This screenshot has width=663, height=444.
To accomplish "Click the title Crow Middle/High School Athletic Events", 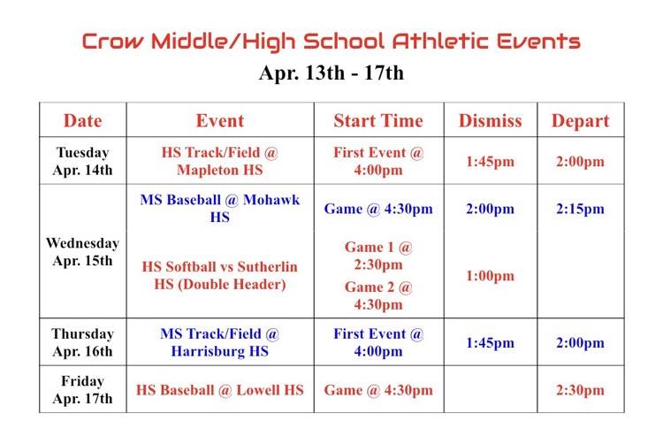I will tap(331, 41).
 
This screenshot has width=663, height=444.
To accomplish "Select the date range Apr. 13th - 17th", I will tap(331, 73).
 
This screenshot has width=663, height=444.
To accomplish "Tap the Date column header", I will tap(82, 120).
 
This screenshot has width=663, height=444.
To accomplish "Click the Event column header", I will tap(219, 120).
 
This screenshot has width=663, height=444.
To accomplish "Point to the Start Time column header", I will tap(378, 120).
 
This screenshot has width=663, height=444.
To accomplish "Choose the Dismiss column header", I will tap(490, 120).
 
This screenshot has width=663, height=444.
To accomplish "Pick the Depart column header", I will tap(580, 120).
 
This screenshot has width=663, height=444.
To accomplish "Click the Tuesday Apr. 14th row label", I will tap(82, 161).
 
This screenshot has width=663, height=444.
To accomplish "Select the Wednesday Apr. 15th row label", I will tap(82, 251).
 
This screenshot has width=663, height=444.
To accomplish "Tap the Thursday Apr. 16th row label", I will tap(82, 342).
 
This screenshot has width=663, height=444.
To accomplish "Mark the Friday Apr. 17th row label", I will tap(82, 390).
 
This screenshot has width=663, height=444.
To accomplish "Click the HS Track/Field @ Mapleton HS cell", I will tap(219, 161).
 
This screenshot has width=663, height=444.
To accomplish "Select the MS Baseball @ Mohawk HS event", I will tap(219, 209).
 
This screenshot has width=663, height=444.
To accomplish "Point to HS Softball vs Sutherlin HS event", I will tap(219, 276).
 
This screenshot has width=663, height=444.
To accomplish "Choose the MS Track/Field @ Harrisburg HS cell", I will tap(219, 342).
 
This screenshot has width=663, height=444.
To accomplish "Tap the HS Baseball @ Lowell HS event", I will tap(219, 390).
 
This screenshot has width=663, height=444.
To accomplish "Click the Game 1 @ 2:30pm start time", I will tap(378, 256).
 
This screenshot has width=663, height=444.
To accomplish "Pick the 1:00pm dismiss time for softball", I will tap(490, 276).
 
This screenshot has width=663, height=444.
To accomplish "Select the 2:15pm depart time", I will tap(580, 209).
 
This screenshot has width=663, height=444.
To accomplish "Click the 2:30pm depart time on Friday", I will tap(580, 390).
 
